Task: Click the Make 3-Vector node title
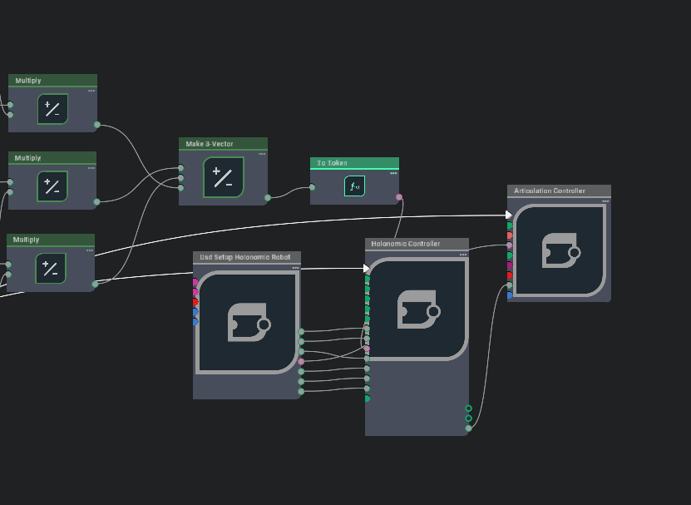[210, 144]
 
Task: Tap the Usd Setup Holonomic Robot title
[245, 257]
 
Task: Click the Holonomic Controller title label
[405, 244]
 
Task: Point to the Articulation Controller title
[549, 191]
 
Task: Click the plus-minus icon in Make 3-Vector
[223, 177]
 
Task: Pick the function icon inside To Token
[354, 186]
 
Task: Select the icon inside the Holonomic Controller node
[417, 309]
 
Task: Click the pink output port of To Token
[399, 198]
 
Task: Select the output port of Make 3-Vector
[268, 198]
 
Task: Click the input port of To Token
[312, 186]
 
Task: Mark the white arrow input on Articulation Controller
[509, 215]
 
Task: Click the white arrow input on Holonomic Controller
[366, 268]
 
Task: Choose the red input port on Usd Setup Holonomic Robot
[196, 303]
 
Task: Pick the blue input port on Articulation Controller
[510, 295]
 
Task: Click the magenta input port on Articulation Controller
[510, 265]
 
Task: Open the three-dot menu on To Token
[393, 173]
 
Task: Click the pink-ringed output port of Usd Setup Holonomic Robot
[301, 362]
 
